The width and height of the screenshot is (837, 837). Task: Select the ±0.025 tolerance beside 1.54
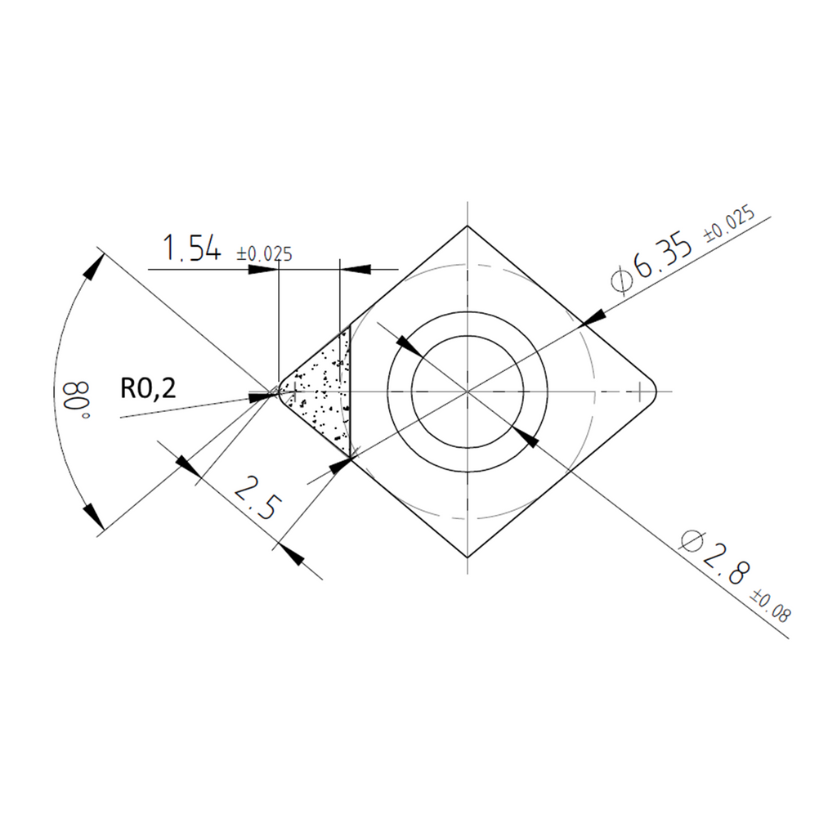[264, 254]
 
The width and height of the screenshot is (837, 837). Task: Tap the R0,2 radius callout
[148, 388]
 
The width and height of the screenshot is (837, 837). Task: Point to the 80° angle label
[76, 401]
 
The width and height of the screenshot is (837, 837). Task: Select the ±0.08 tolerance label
[771, 606]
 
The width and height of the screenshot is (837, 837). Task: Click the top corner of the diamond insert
[467, 226]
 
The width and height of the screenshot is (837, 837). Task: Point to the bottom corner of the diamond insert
[467, 557]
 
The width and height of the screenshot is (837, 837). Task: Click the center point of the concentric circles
[467, 392]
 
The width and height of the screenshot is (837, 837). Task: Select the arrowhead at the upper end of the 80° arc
[95, 266]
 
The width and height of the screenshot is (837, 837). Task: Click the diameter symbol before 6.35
[621, 279]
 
